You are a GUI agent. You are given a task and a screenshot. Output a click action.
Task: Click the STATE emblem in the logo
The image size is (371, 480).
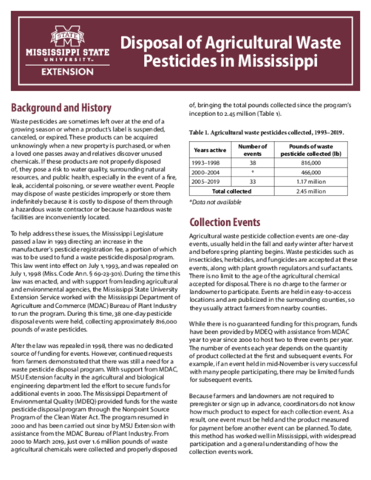coord(61,37)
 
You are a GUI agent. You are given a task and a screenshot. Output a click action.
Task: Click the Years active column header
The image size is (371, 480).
coord(210,149)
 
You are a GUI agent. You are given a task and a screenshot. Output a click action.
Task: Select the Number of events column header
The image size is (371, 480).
coord(253,149)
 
